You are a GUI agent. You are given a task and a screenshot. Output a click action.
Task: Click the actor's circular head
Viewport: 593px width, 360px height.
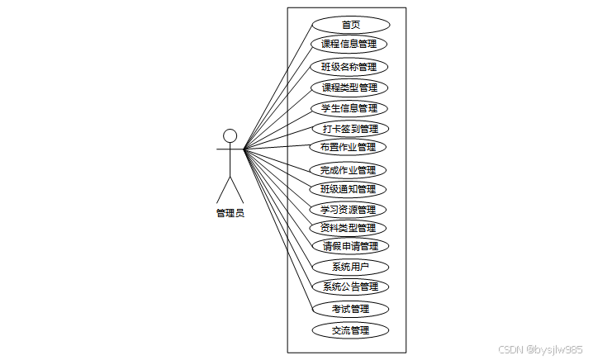230,135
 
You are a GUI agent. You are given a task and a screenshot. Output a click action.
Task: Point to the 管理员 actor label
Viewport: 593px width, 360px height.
230,212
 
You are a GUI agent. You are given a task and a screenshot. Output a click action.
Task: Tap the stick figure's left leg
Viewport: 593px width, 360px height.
223,190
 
